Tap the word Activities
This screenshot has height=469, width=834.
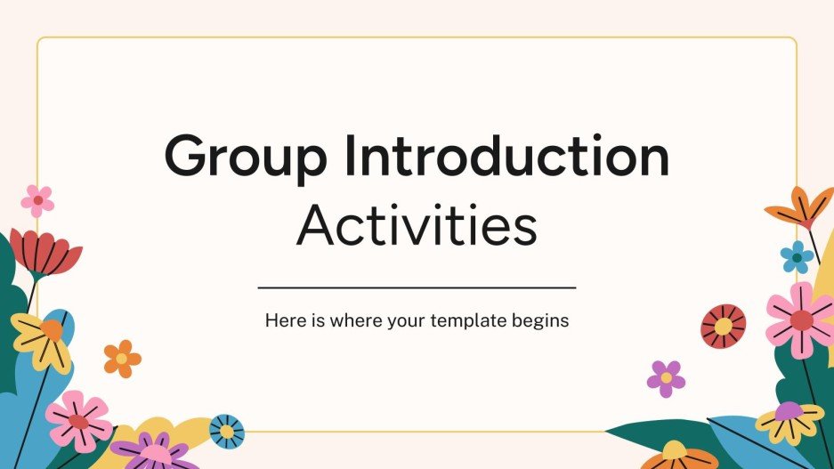coord(417,227)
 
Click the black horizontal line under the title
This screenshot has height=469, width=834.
coord(417,288)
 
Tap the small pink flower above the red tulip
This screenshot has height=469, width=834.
coord(37,201)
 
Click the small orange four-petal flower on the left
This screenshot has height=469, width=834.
coord(122,358)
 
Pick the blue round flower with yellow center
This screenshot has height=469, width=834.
coord(226,431)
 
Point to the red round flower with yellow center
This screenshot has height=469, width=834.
coord(723,326)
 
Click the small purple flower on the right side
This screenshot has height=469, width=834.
coord(666,378)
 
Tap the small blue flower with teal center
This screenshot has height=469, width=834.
coord(797,256)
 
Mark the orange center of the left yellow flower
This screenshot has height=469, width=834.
coord(51,330)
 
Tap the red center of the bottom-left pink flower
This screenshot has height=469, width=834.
coord(79,422)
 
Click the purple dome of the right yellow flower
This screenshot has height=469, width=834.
coord(789,410)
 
